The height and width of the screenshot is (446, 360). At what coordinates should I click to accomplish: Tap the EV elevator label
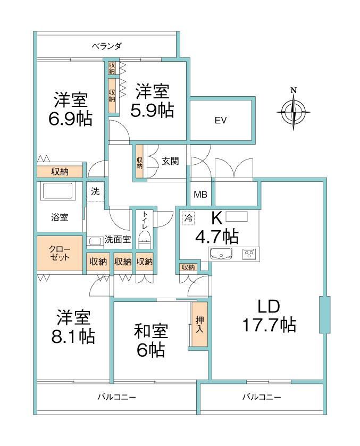point(221,120)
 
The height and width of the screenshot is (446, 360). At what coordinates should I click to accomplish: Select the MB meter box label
point(200,195)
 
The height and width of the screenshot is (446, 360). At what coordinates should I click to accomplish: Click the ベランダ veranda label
point(107,46)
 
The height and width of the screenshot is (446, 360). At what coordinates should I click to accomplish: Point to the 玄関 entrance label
point(171,161)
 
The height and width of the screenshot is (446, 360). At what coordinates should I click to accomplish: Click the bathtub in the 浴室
point(58,191)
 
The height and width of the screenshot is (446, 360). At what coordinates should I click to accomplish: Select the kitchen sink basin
point(221,254)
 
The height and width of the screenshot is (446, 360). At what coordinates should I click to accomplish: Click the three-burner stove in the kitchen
point(250,254)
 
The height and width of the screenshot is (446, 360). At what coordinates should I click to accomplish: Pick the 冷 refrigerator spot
point(188,218)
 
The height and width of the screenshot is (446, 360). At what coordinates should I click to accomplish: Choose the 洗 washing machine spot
point(95,192)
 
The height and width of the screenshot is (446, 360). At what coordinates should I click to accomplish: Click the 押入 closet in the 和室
point(199,324)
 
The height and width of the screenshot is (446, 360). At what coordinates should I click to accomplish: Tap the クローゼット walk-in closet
point(60,253)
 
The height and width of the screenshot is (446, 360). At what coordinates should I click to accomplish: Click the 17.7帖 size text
point(269,324)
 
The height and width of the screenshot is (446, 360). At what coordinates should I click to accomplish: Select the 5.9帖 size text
point(152,110)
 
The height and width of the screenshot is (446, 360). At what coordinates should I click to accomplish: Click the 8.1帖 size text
point(73,335)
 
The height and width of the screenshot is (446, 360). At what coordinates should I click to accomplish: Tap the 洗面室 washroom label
point(118,240)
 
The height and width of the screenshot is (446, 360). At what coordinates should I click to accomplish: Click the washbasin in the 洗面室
point(95,241)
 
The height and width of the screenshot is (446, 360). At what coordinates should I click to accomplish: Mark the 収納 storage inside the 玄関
point(139,162)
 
